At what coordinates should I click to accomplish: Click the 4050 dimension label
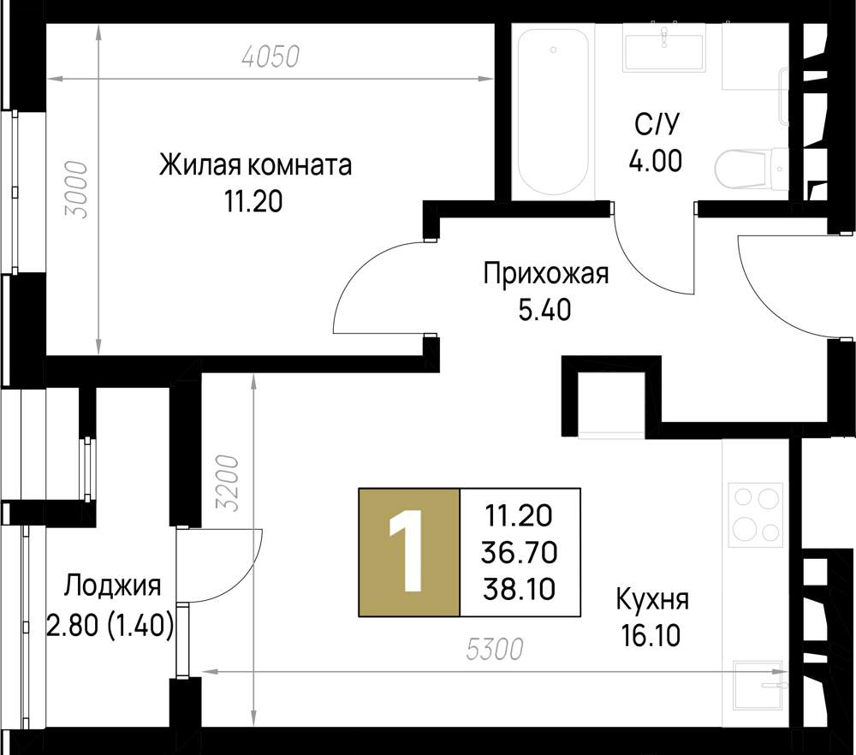click(271, 56)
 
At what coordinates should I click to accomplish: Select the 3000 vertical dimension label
click(75, 190)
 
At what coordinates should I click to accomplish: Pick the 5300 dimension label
click(495, 649)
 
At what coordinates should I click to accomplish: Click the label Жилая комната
click(255, 165)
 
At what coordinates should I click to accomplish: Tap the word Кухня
click(651, 599)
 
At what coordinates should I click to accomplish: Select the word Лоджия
click(112, 586)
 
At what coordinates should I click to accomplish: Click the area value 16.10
click(651, 636)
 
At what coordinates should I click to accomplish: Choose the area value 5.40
click(544, 310)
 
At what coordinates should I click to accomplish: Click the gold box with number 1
click(409, 552)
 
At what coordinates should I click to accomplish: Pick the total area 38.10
click(520, 589)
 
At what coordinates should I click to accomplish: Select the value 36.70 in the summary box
click(520, 552)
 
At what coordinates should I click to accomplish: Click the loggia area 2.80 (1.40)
click(110, 626)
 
